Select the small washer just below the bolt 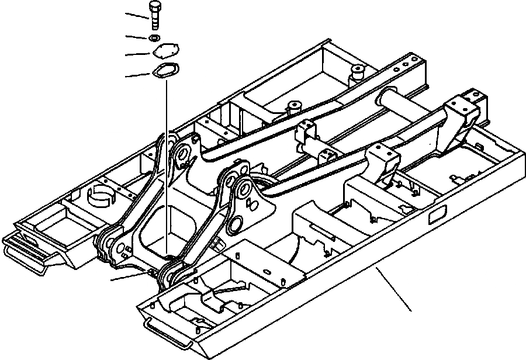click(x=154, y=38)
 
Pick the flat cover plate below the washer click(x=165, y=53)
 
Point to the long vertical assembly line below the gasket click(x=165, y=164)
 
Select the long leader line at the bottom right click(x=394, y=289)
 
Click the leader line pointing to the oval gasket click(x=138, y=74)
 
